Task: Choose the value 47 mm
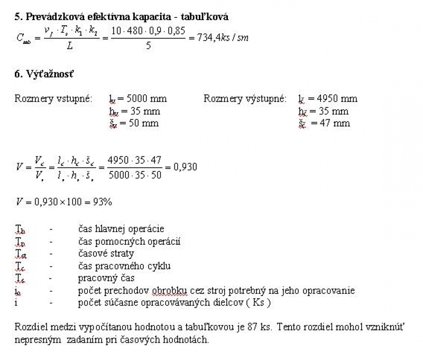(332, 123)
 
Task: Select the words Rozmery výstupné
(245, 98)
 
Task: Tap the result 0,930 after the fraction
(186, 167)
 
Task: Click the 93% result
(100, 202)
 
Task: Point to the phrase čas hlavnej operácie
(121, 229)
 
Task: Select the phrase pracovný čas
(106, 278)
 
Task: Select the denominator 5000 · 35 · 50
(135, 176)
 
